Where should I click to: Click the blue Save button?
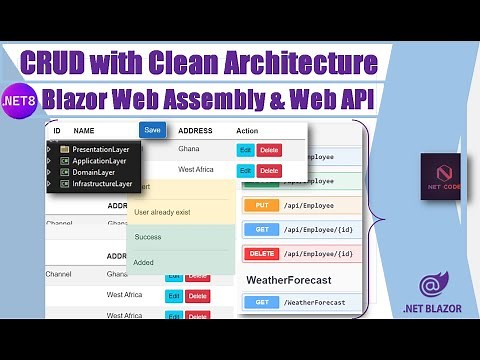pos(152,130)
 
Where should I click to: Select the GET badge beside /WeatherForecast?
pos(259,302)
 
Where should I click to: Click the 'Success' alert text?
pos(148,237)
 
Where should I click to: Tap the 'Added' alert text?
pos(144,262)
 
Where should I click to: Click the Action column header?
pos(247,131)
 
